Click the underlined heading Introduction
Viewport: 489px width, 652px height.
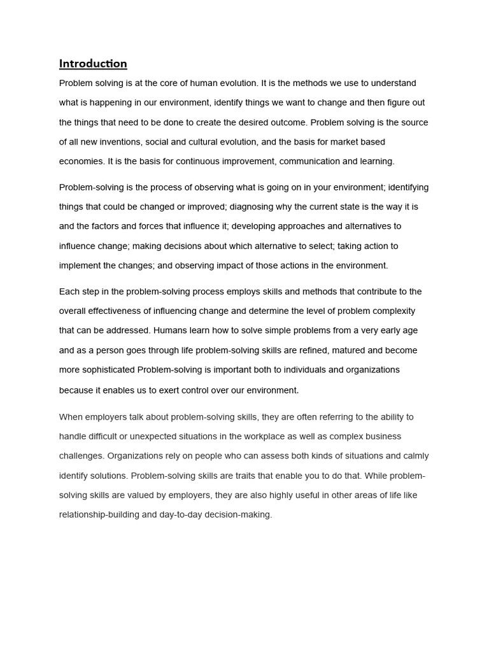pos(93,64)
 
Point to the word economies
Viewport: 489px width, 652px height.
pos(81,162)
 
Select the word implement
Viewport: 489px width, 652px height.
pos(81,266)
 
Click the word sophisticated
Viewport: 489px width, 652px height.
pos(106,370)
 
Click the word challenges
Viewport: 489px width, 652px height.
pos(81,457)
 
